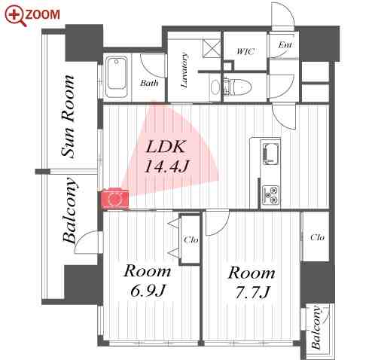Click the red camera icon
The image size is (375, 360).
114,198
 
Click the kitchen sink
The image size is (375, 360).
270,157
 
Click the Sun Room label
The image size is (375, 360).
69,116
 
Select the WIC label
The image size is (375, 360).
245,52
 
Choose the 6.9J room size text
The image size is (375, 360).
146,291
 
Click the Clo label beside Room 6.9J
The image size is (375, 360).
191,240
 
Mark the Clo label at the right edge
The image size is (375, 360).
317,237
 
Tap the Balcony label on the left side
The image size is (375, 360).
70,211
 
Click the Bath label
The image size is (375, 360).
148,83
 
